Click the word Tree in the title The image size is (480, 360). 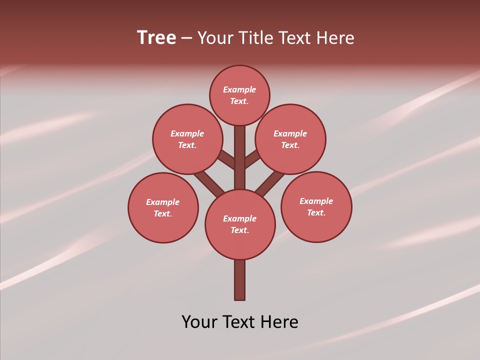pyautogui.click(x=156, y=38)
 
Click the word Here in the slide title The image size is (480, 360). pyautogui.click(x=335, y=38)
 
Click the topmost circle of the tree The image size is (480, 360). pyautogui.click(x=239, y=95)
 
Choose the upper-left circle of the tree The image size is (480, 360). pyautogui.click(x=187, y=139)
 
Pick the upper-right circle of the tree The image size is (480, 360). pyautogui.click(x=290, y=139)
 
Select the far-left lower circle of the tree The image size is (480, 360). pyautogui.click(x=163, y=207)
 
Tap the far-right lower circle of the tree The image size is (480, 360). pyautogui.click(x=316, y=206)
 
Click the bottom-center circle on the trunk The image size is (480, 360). pyautogui.click(x=240, y=224)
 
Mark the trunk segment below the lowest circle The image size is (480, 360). pyautogui.click(x=239, y=280)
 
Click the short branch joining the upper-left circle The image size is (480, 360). pyautogui.click(x=227, y=159)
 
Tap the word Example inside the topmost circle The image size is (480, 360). pyautogui.click(x=239, y=89)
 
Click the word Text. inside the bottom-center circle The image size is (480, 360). pyautogui.click(x=240, y=230)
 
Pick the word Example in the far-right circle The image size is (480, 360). pyautogui.click(x=316, y=201)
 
